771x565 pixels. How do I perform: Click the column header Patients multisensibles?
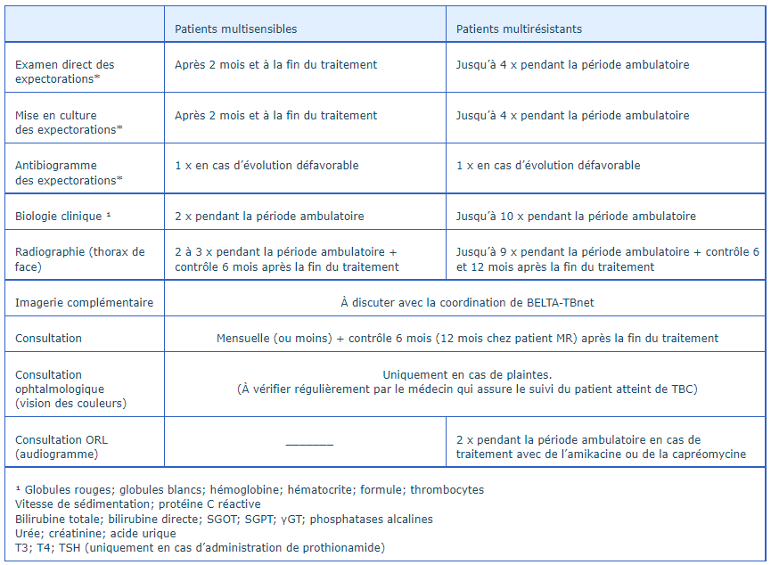235,29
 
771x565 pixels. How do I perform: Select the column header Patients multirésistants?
519,29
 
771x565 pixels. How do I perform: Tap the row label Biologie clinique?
63,217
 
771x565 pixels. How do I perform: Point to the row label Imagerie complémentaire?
84,303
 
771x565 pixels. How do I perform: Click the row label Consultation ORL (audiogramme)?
62,447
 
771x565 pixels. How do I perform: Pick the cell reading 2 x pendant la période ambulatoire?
269,217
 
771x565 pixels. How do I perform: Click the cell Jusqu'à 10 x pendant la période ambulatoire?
576,217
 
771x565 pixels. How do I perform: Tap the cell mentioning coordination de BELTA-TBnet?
467,303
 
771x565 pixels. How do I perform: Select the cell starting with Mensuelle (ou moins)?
467,339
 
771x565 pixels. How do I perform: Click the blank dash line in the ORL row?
309,443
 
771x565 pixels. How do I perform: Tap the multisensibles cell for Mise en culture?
275,116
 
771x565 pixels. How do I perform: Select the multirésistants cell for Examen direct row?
572,65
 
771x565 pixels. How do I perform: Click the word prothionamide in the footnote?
344,548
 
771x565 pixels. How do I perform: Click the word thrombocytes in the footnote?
448,490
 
